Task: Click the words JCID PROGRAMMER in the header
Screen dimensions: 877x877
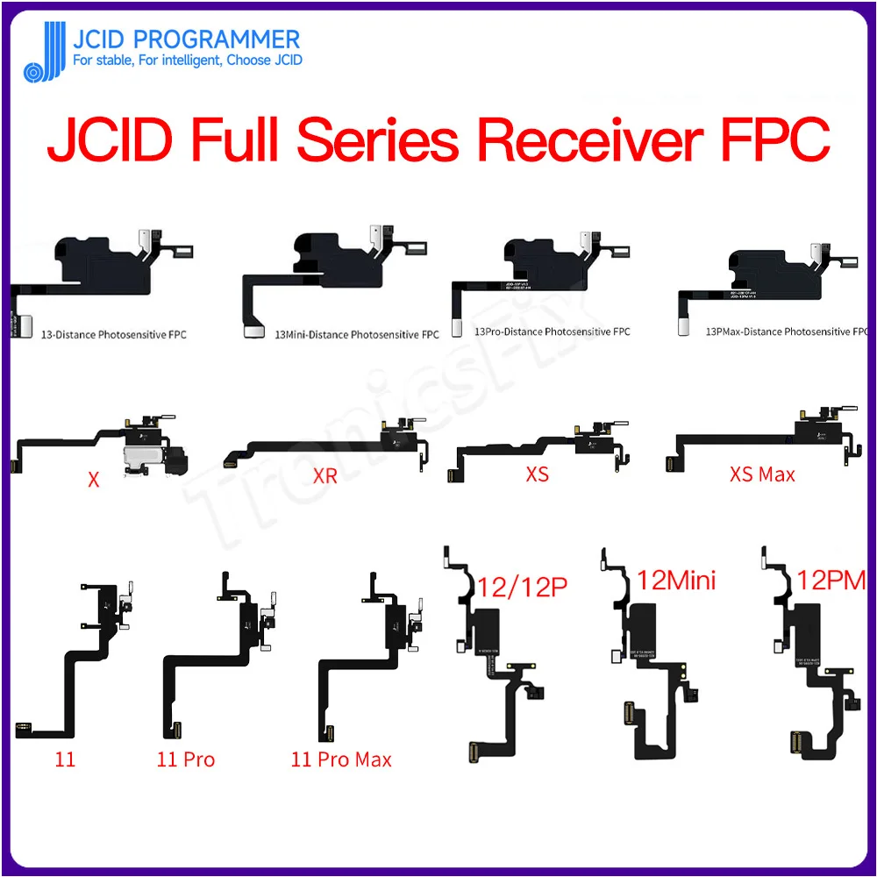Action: pyautogui.click(x=186, y=39)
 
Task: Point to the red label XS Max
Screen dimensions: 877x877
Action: pyautogui.click(x=761, y=474)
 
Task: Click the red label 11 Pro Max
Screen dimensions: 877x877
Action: pyautogui.click(x=341, y=759)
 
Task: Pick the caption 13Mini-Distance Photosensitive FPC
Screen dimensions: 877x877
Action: pyautogui.click(x=357, y=334)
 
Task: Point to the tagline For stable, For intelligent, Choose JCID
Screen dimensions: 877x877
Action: pyautogui.click(x=187, y=61)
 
